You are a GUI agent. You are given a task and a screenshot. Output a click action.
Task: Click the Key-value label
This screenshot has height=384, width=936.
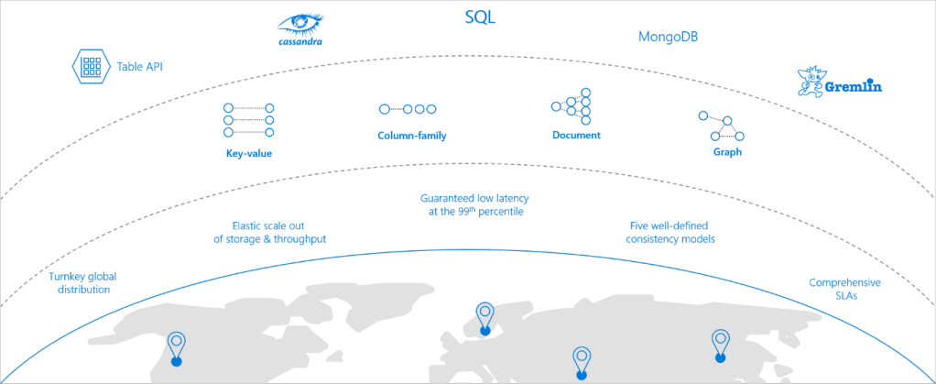[x=248, y=153]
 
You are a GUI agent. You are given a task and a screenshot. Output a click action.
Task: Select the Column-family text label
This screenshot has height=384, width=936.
[x=411, y=136]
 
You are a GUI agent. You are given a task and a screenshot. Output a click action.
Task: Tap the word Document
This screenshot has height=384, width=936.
[x=576, y=136]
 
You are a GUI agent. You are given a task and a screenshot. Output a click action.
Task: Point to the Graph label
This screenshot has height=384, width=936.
[x=726, y=152]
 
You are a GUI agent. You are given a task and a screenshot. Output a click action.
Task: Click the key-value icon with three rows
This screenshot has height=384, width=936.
[x=248, y=120]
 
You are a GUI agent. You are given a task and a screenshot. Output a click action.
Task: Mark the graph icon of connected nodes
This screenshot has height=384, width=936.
[x=720, y=126]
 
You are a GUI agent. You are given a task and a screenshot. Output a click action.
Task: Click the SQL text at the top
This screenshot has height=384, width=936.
[x=480, y=17]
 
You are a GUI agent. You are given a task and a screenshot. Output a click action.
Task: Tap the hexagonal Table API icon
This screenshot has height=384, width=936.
[x=91, y=65]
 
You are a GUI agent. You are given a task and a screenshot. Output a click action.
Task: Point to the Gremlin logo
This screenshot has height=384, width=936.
[x=839, y=83]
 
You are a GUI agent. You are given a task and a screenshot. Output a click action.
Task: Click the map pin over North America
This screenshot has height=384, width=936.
[x=176, y=348]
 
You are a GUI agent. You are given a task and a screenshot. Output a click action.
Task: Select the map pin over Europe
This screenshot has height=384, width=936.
[x=484, y=317]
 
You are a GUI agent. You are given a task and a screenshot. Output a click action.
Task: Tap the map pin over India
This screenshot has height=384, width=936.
[x=581, y=361]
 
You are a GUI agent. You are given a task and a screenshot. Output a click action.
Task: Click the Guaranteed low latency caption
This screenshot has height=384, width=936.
[x=474, y=204]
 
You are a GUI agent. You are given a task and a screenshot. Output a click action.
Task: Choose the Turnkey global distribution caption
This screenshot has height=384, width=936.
[x=78, y=281]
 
